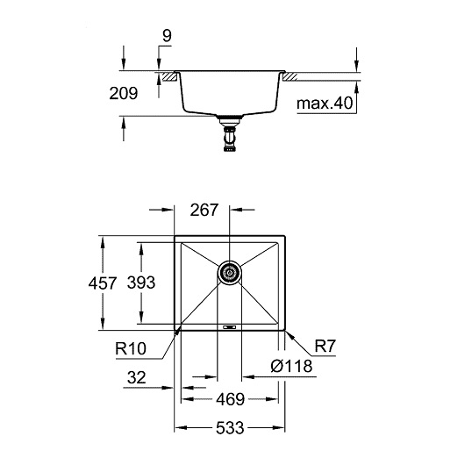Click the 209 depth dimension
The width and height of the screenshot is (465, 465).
click(x=124, y=93)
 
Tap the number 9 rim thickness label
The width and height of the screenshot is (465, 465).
click(x=167, y=36)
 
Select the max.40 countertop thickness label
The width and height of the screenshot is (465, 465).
click(x=325, y=103)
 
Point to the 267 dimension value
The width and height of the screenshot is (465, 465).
click(x=204, y=210)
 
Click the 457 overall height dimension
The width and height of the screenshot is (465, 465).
click(x=103, y=283)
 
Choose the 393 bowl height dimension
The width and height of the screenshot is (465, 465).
click(x=141, y=283)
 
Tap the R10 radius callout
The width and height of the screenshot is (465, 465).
click(x=131, y=348)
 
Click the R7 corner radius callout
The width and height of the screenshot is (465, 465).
click(x=325, y=346)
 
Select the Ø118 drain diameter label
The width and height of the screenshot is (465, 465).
click(x=291, y=366)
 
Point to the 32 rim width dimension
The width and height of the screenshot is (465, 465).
click(x=136, y=377)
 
